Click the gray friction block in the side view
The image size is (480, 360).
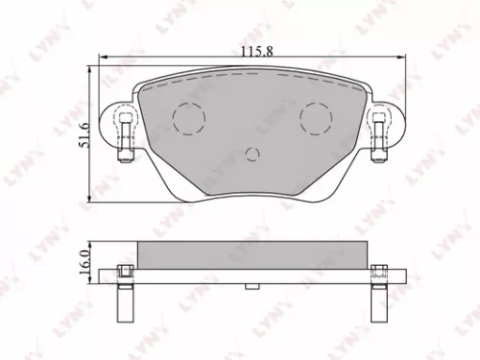coord(251,254)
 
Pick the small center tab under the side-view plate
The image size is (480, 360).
coord(252,285)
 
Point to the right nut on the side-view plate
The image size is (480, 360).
coord(380,272)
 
